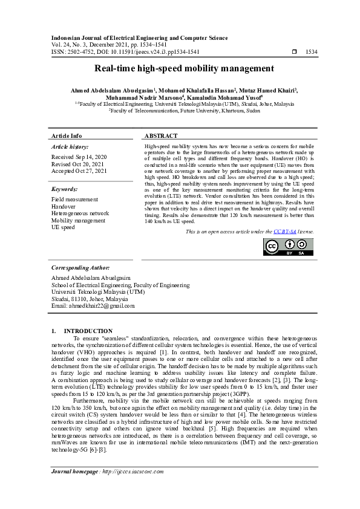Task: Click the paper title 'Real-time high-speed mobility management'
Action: (180, 68)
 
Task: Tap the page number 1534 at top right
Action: (311, 52)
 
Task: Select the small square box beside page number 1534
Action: (294, 52)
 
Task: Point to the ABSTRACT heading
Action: (161, 136)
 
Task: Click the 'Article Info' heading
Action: (67, 136)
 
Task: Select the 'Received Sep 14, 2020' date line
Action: (79, 157)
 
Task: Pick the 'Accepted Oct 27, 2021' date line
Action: (79, 171)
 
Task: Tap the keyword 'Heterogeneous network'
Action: (80, 213)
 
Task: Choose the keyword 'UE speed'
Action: (63, 227)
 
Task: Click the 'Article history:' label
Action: (70, 146)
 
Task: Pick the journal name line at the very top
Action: (139, 38)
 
